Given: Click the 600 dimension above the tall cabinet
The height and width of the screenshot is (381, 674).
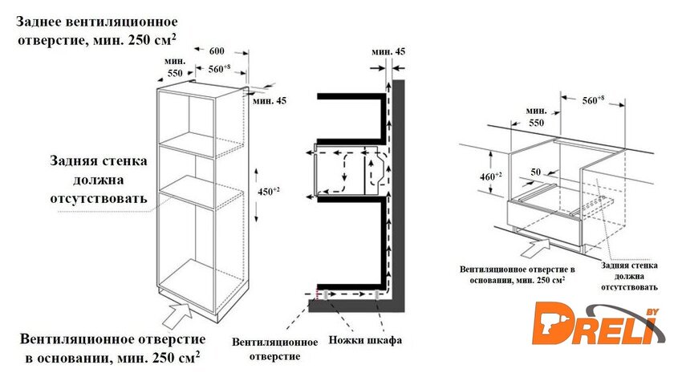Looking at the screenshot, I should pos(217,51).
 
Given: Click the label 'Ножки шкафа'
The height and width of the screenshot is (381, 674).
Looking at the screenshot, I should pos(364,341).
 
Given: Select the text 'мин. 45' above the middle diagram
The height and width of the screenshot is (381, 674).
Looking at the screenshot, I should pos(388,51).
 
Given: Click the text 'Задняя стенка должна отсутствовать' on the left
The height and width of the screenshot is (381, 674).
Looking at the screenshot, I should pos(98,180).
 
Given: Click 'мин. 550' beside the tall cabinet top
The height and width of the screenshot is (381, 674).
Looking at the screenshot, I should pos(175,67).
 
